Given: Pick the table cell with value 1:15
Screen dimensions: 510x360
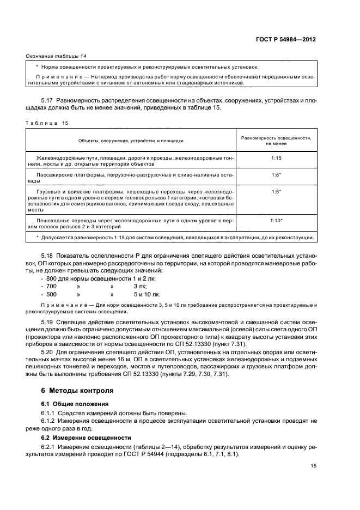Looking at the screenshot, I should tap(276, 157).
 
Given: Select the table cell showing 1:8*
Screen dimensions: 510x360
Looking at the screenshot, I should tap(276, 175).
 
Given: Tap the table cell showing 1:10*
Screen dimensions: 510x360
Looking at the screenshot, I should tap(276, 221).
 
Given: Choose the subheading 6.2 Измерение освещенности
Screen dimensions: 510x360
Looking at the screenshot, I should tap(80, 438).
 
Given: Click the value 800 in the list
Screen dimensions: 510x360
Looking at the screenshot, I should tap(51, 278).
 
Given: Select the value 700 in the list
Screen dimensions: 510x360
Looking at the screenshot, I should tap(51, 286).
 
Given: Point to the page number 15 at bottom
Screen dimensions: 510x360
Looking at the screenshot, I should tap(313, 466).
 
